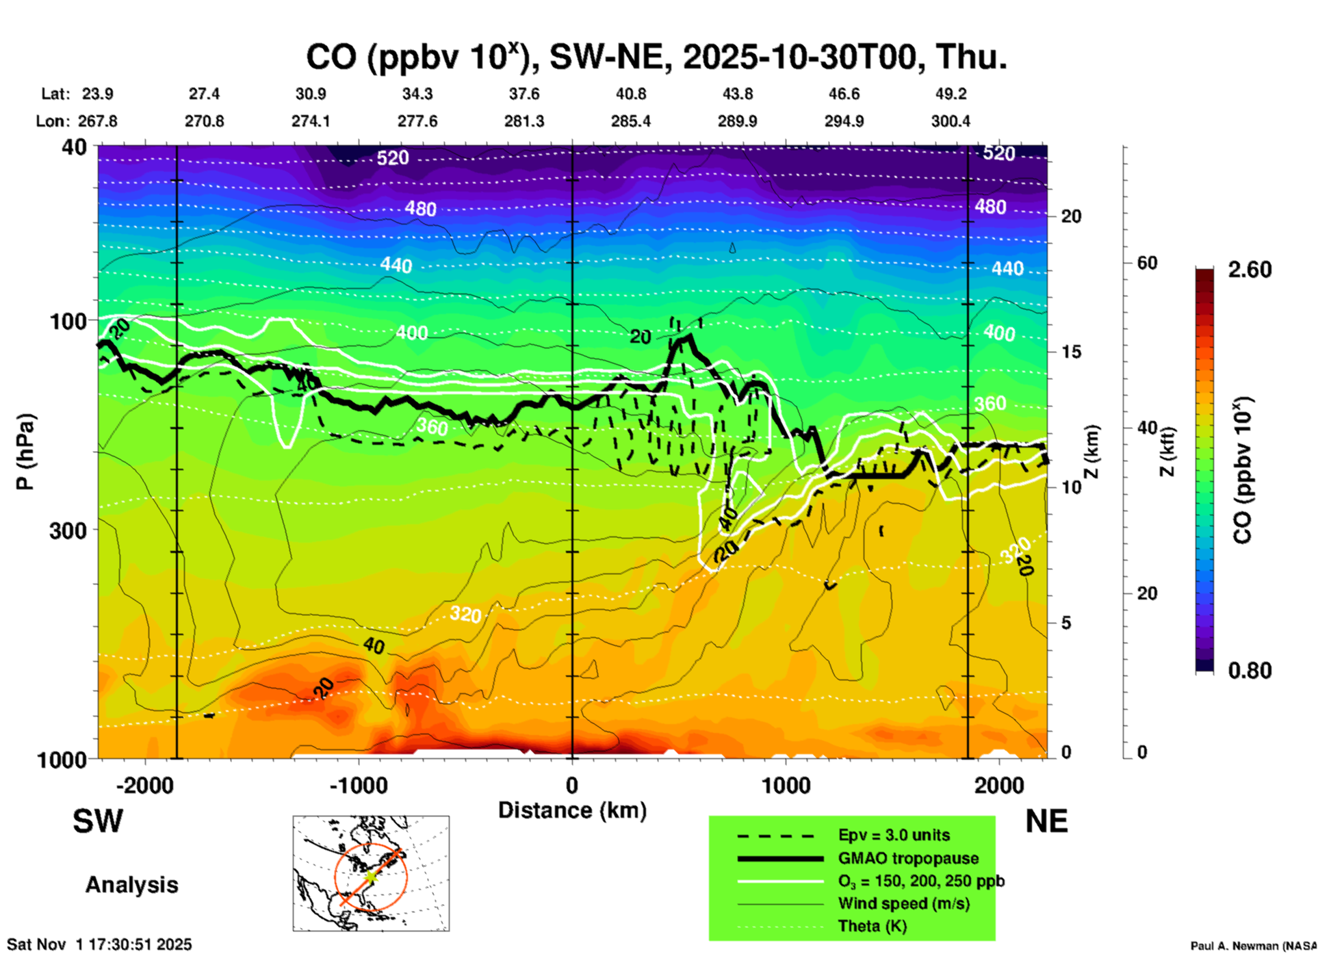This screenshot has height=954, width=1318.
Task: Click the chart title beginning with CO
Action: (x=656, y=57)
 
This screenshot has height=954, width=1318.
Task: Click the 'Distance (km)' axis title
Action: (x=572, y=810)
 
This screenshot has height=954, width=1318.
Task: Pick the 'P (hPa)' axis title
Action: (x=25, y=452)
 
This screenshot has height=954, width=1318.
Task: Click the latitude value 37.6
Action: (x=524, y=94)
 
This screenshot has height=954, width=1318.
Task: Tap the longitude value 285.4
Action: (x=631, y=121)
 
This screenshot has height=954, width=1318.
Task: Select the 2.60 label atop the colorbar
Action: (x=1250, y=270)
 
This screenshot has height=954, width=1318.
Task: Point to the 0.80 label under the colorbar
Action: (x=1250, y=671)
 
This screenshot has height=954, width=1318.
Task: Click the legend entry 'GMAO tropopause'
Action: (x=908, y=858)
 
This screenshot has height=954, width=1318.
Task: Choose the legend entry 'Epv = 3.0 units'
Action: (x=894, y=835)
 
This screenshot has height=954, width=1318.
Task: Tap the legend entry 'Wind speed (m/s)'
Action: (x=903, y=903)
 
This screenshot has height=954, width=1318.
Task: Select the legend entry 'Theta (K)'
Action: (x=872, y=926)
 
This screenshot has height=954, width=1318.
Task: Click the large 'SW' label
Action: (x=98, y=821)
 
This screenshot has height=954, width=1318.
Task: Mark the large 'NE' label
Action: (x=1046, y=821)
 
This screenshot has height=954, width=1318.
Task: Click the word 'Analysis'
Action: (x=131, y=885)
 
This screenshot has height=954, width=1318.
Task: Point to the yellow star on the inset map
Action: (x=370, y=876)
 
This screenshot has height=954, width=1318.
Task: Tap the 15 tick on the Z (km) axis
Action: (x=1071, y=352)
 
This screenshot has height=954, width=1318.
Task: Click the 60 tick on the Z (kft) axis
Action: (x=1147, y=263)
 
